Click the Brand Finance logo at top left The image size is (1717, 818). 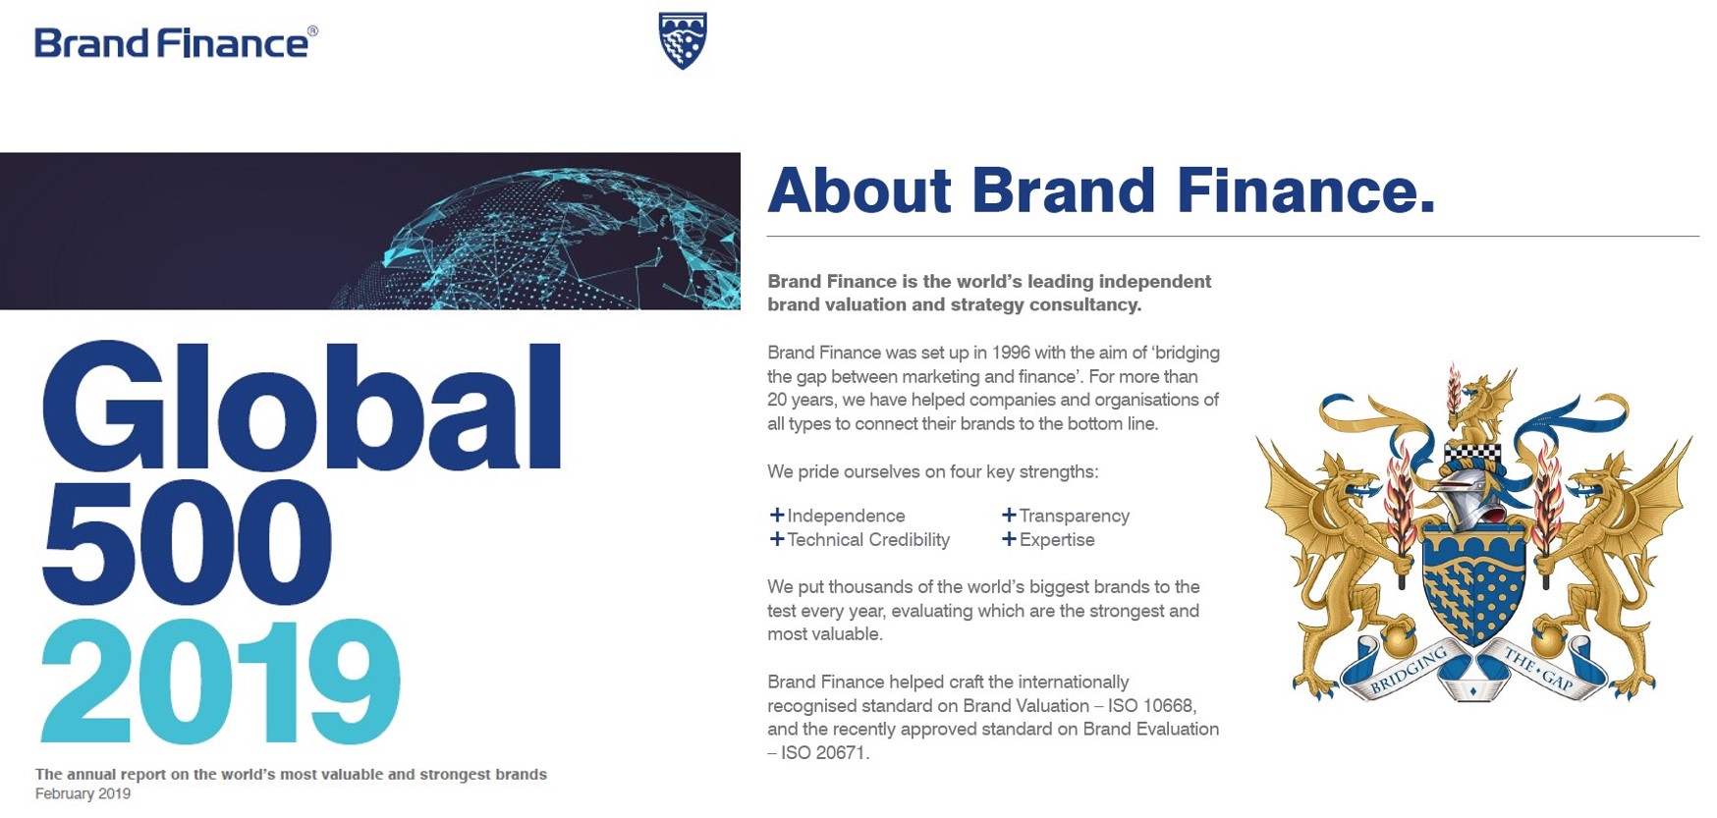pyautogui.click(x=177, y=43)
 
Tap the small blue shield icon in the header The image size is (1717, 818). pyautogui.click(x=683, y=40)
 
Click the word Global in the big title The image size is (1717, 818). pyautogui.click(x=302, y=407)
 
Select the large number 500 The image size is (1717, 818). pyautogui.click(x=187, y=543)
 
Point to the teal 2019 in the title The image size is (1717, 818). pyautogui.click(x=221, y=682)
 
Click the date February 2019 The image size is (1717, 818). pyautogui.click(x=83, y=793)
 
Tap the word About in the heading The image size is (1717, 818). pyautogui.click(x=859, y=190)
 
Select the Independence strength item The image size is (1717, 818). pyautogui.click(x=837, y=516)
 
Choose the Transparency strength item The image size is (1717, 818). pyautogui.click(x=1066, y=516)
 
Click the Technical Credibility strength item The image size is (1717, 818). pyautogui.click(x=859, y=539)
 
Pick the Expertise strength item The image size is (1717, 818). pyautogui.click(x=1048, y=539)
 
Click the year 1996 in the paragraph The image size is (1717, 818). pyautogui.click(x=1011, y=353)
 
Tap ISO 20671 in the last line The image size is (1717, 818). pyautogui.click(x=823, y=753)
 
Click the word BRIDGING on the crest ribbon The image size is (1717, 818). pyautogui.click(x=1409, y=670)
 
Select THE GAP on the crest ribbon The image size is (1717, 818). pyautogui.click(x=1538, y=668)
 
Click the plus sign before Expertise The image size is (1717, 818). pyautogui.click(x=1009, y=538)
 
